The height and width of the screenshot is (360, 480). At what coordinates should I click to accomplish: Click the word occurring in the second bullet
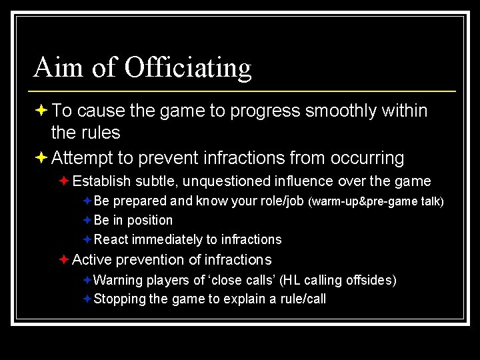[366, 158]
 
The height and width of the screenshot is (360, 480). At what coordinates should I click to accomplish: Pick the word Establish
[102, 181]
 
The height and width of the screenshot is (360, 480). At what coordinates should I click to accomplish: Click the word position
[150, 220]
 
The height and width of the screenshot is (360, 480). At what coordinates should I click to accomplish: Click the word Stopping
[120, 299]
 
